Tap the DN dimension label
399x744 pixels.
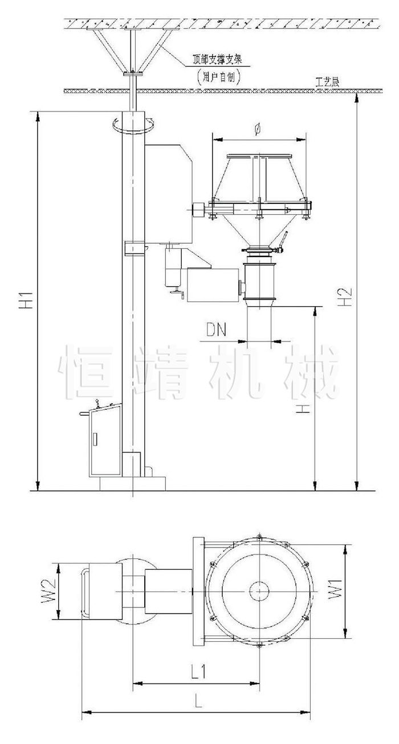tap(216, 330)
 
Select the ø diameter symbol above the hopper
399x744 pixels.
tap(258, 130)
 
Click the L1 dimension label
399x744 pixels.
tap(199, 670)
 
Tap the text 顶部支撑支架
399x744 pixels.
tap(218, 60)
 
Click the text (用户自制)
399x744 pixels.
tap(218, 78)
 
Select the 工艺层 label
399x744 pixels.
tap(328, 82)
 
